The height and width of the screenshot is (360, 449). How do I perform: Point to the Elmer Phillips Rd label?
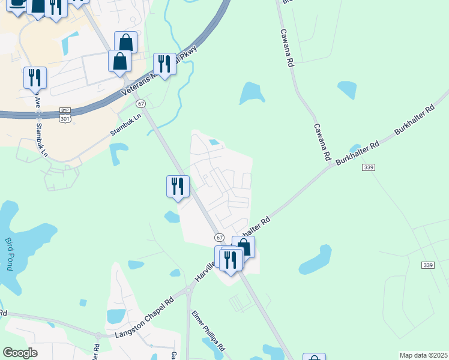[208, 330]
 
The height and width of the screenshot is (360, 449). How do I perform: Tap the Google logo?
[20, 353]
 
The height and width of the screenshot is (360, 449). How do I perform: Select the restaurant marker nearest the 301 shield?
[35, 77]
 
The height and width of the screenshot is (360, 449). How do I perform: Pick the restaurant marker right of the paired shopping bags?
[164, 64]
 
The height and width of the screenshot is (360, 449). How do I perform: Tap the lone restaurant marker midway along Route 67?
[178, 185]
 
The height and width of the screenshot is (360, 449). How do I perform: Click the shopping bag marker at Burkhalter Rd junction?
[244, 247]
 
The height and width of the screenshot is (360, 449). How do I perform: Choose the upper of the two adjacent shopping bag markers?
[125, 42]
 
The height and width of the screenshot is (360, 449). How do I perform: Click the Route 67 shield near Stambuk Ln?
[140, 104]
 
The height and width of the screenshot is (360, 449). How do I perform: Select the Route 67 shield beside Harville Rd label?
[219, 238]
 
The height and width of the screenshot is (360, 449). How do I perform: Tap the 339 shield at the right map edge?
[428, 265]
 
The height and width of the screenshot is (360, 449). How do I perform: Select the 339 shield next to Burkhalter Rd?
[369, 167]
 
